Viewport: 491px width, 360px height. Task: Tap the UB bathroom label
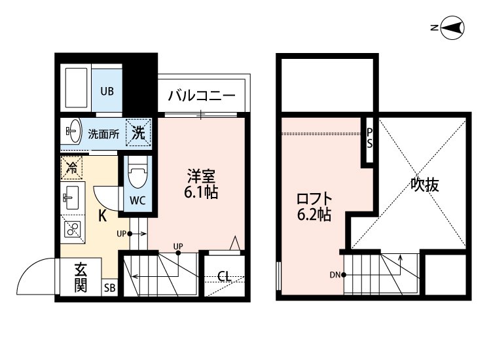(107, 91)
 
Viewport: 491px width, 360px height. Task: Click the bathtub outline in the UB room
(77, 87)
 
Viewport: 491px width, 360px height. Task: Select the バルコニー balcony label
(201, 96)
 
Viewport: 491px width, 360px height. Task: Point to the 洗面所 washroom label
(103, 134)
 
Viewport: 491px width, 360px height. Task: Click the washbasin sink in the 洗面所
(71, 132)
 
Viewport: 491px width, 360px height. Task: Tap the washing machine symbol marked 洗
(139, 132)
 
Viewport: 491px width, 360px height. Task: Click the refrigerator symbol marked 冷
(71, 168)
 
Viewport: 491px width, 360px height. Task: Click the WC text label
(137, 200)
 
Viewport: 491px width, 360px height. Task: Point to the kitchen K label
(103, 215)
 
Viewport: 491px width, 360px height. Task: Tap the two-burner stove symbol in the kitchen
(72, 229)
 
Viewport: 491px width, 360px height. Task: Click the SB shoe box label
(109, 288)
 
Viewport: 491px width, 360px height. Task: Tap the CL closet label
(224, 276)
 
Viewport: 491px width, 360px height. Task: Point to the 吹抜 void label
(424, 185)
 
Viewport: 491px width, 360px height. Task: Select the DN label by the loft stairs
(333, 275)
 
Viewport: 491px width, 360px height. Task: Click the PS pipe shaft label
(369, 137)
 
